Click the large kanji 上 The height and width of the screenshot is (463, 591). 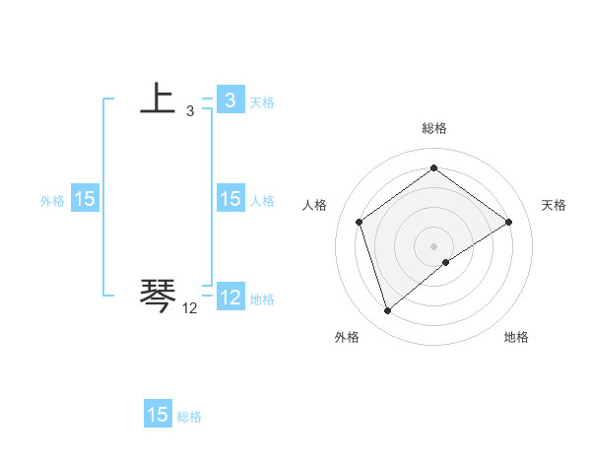tap(158, 99)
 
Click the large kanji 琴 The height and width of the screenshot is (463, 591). tap(158, 294)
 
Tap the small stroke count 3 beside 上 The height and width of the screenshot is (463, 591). tap(190, 111)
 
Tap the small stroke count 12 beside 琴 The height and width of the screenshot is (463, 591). tap(190, 308)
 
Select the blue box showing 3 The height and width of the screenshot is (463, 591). tap(230, 99)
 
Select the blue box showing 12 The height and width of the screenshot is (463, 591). tap(230, 298)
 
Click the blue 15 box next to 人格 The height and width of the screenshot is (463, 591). tap(230, 199)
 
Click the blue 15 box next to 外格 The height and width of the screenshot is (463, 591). tap(85, 199)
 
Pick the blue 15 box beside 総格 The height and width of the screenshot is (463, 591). tap(158, 415)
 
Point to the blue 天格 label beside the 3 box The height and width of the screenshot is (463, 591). tap(262, 101)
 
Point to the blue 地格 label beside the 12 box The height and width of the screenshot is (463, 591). tap(262, 299)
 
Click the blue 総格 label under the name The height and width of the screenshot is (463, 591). tap(190, 417)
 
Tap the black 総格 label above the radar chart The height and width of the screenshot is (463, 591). tap(433, 128)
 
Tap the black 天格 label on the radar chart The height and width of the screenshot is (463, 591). tap(554, 205)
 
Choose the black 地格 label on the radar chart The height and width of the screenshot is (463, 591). tap(516, 337)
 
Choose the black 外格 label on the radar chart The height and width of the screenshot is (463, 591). tap(347, 337)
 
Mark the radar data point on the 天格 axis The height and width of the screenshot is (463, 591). tap(508, 222)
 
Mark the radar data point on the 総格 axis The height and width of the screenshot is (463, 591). tap(433, 168)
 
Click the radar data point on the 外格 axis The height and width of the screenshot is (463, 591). tap(387, 311)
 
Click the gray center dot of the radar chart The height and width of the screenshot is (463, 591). tap(433, 245)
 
